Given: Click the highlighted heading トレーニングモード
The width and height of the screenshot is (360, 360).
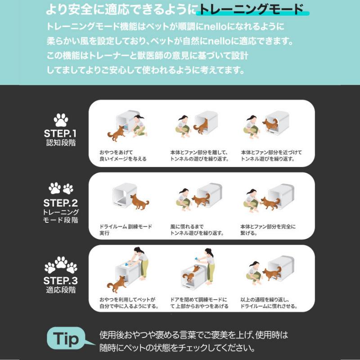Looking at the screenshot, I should (x=251, y=9).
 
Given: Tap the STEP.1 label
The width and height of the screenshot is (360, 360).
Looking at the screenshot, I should (x=60, y=134).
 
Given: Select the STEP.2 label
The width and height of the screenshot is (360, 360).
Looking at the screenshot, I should (x=60, y=202).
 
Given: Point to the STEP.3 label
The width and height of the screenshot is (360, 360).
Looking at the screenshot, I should (x=60, y=280).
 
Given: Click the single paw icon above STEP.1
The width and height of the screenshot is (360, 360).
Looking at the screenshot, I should (x=61, y=120).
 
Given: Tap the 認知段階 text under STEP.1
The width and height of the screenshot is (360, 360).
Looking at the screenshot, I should (x=61, y=144).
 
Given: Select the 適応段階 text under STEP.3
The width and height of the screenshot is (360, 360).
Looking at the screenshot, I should (x=61, y=290).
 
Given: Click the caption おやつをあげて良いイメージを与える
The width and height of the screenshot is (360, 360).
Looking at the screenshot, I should (x=123, y=155).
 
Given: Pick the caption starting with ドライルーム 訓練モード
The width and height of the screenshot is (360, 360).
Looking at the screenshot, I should (x=126, y=229).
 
